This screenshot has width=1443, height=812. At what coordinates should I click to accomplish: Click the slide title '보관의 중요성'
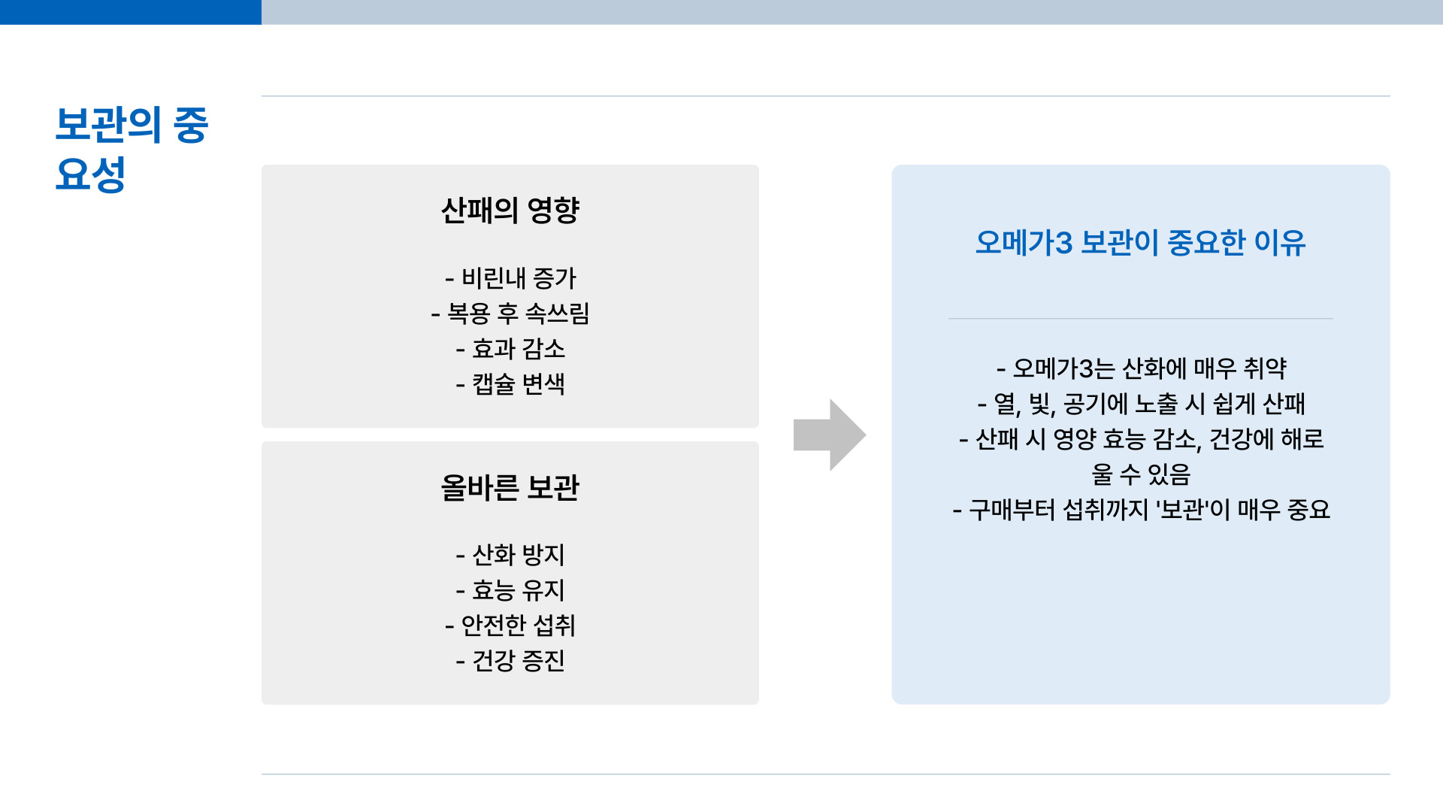click(x=132, y=149)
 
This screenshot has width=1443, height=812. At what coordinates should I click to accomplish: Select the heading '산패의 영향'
click(x=510, y=210)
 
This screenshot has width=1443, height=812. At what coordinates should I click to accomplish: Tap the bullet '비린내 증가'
click(x=510, y=278)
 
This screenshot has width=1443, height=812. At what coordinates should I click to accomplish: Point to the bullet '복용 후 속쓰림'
click(x=510, y=314)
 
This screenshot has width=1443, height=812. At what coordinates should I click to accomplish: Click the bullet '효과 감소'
click(x=510, y=349)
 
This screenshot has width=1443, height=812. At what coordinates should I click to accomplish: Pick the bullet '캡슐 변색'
click(x=510, y=384)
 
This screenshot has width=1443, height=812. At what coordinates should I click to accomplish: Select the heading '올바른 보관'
click(x=510, y=487)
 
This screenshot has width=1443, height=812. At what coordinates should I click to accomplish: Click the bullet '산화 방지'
click(x=510, y=555)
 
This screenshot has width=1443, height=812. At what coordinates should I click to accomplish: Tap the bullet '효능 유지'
click(x=510, y=590)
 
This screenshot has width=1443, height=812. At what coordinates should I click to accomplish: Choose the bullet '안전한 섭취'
click(x=510, y=626)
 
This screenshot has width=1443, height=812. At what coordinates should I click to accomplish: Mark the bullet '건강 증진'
click(x=510, y=661)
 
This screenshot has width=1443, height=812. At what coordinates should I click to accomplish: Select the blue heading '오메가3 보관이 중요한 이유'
click(x=1140, y=243)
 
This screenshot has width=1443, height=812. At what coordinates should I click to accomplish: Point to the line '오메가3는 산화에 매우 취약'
click(x=1141, y=368)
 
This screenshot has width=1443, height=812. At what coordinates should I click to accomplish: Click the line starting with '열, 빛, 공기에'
click(x=1141, y=404)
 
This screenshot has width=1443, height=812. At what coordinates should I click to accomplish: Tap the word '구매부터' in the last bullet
click(x=1012, y=511)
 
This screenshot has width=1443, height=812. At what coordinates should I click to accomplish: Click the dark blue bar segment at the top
click(x=131, y=12)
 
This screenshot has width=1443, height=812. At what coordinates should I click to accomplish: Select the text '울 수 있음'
click(x=1141, y=474)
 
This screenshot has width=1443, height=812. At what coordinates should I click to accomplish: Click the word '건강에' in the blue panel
click(x=1241, y=439)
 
